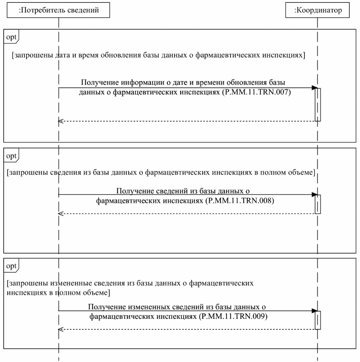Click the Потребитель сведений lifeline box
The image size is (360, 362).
[59, 10]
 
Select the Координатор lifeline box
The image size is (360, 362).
[317, 10]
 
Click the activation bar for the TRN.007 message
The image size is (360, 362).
[318, 104]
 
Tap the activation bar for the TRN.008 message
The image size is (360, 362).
[318, 204]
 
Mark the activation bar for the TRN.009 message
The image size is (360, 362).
[318, 320]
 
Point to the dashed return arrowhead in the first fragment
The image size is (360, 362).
[61, 121]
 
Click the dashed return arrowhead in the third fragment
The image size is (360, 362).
[61, 329]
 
